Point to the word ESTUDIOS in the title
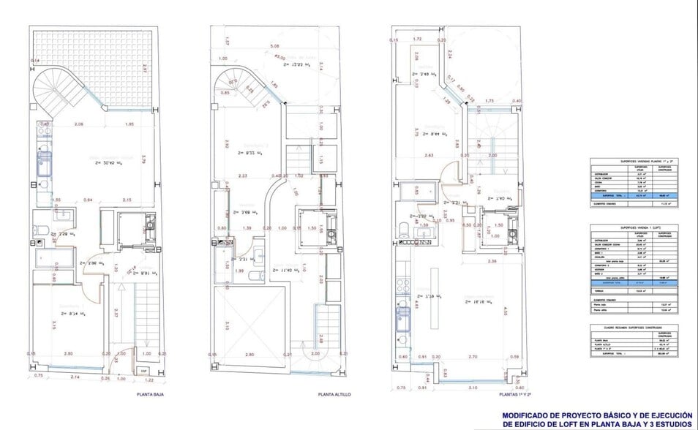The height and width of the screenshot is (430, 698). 669,423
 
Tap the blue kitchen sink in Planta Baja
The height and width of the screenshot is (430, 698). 45,162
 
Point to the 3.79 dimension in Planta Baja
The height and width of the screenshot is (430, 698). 144,158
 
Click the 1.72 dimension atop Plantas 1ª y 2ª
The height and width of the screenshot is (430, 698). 418,38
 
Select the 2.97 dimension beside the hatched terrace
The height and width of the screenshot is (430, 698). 145,69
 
